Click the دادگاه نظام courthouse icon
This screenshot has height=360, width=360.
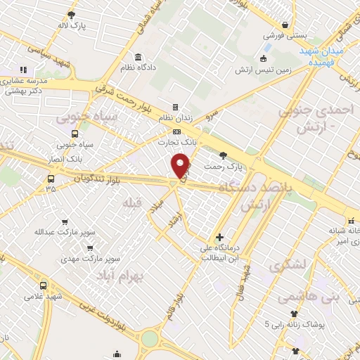tap(137, 57)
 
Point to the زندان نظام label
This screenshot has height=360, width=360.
tap(166, 117)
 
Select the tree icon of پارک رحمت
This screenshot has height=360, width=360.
tap(224, 155)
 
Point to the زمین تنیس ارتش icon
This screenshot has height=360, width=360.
tap(264, 58)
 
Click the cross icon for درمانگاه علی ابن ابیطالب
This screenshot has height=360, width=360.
tap(219, 238)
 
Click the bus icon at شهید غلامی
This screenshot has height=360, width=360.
tap(44, 285)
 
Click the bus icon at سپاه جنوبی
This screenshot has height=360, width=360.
tap(75, 133)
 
